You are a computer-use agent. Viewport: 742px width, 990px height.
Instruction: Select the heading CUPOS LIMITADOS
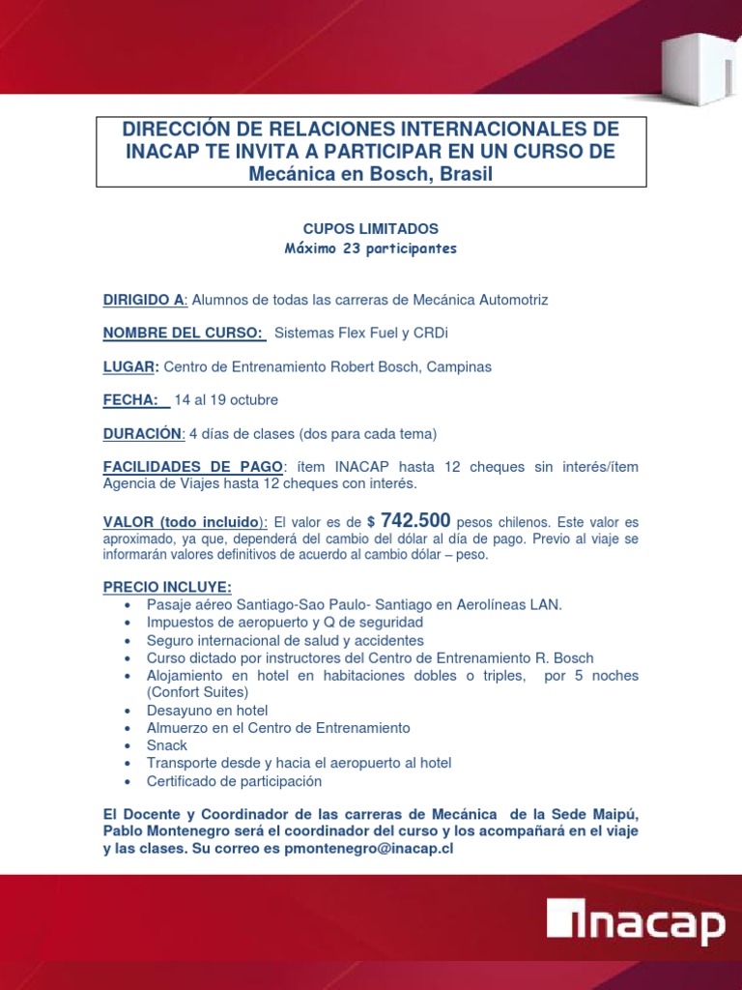click(371, 229)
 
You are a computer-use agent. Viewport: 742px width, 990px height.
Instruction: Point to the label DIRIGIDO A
click(144, 300)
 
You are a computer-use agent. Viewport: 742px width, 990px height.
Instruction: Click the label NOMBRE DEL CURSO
click(184, 334)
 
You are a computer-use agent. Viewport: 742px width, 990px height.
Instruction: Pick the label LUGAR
click(130, 367)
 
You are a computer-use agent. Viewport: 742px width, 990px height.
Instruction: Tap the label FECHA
click(134, 400)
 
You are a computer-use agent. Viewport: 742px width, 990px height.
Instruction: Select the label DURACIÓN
click(143, 433)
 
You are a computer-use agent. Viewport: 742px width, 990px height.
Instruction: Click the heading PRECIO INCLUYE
click(167, 587)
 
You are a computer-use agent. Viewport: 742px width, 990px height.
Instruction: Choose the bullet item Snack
click(167, 745)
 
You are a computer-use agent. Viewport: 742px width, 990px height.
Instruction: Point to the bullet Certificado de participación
click(234, 781)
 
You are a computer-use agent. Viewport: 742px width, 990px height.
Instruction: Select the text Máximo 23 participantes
click(371, 248)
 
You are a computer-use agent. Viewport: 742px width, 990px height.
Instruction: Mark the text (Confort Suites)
click(197, 692)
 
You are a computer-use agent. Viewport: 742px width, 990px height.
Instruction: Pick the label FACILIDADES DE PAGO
click(193, 467)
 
